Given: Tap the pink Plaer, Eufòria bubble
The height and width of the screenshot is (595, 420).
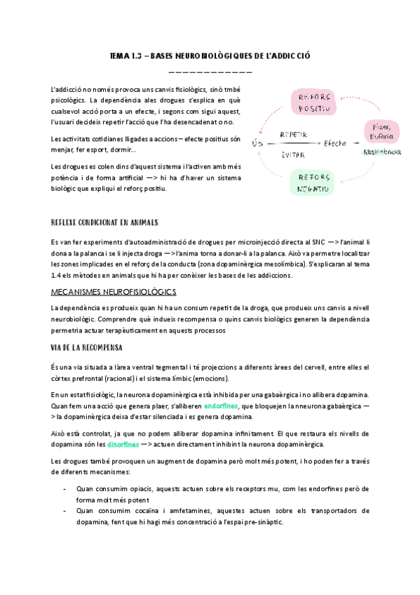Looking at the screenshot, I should (x=382, y=131).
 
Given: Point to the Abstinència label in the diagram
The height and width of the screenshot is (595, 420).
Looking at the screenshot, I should (x=381, y=152).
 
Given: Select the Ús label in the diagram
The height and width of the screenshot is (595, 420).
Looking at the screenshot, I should (x=257, y=143).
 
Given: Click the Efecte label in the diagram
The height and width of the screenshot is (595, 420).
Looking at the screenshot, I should (x=334, y=143).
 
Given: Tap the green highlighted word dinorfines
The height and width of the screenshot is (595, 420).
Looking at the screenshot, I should (x=123, y=444).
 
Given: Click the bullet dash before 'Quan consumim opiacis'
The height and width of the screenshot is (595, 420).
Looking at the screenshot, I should (x=65, y=488).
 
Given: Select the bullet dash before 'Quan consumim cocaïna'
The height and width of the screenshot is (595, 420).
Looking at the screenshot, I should (x=65, y=511).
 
